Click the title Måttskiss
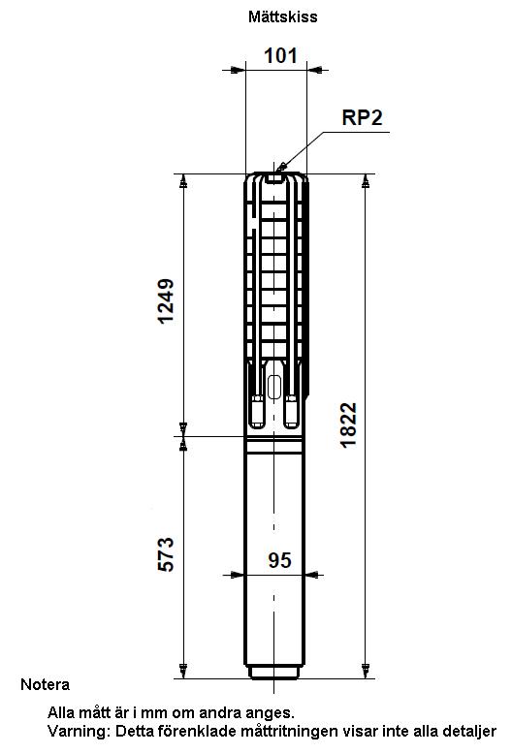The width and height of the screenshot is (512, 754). [x=282, y=16]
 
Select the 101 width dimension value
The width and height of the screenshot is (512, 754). [x=280, y=56]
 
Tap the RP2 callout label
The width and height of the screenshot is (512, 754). [x=362, y=117]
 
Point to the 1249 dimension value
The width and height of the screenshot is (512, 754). [x=166, y=301]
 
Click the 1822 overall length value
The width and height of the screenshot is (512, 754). [x=349, y=425]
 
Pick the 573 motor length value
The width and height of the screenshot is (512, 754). [x=166, y=554]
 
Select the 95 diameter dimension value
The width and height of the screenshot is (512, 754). [x=279, y=560]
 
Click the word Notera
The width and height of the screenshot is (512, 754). [x=45, y=684]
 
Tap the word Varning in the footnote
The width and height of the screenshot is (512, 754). [x=79, y=732]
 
